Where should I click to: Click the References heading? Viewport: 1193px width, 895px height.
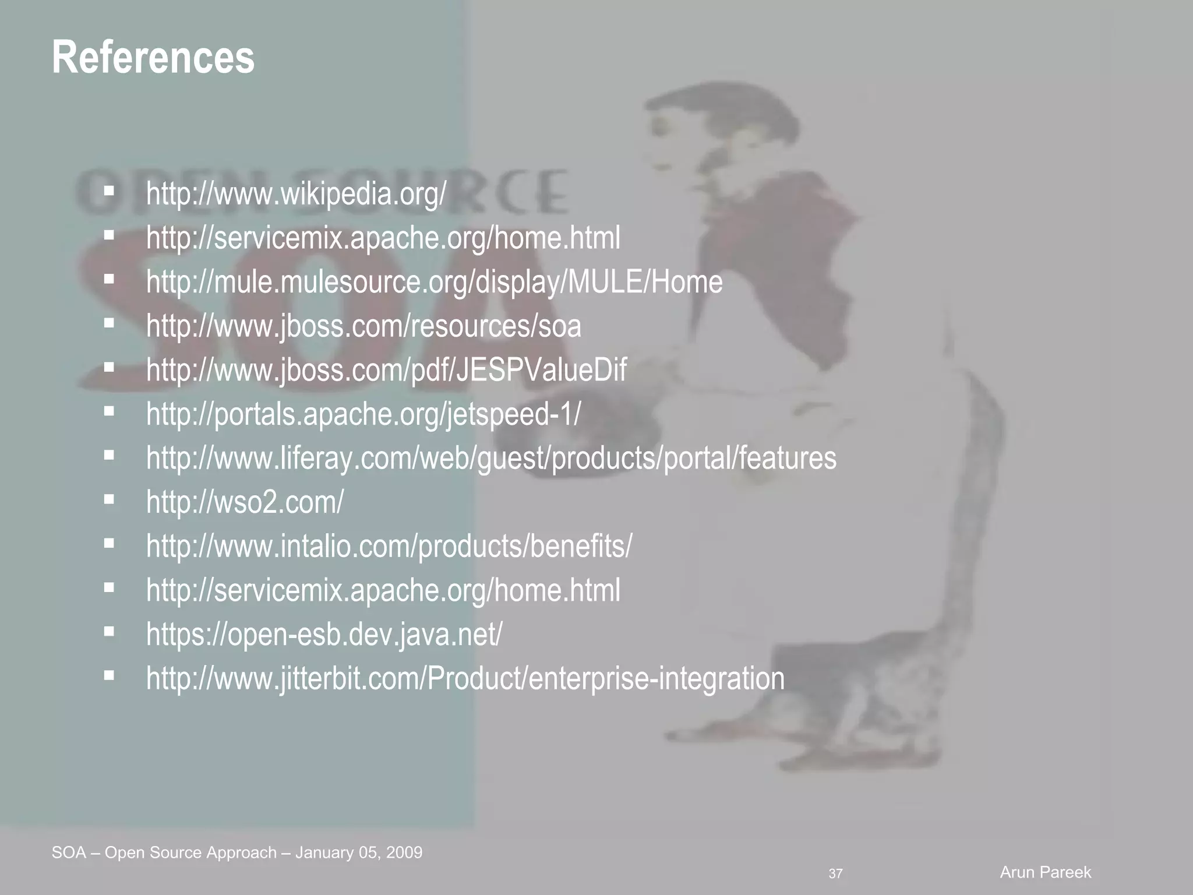point(153,58)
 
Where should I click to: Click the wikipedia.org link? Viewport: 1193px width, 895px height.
point(296,193)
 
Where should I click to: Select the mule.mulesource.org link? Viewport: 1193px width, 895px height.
point(434,282)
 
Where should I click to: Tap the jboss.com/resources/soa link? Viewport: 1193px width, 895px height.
point(363,326)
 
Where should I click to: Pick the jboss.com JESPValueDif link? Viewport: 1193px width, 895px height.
point(386,370)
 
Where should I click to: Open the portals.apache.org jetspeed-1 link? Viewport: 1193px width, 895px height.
point(363,414)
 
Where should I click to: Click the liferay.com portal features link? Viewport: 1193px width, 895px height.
point(491,458)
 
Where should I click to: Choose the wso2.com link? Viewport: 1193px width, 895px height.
point(245,502)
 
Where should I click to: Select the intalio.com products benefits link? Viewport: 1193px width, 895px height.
point(389,546)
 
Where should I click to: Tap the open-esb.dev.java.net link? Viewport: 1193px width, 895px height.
point(324,634)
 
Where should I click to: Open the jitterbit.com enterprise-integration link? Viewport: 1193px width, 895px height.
point(465,678)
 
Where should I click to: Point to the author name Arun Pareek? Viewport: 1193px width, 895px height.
point(1045,872)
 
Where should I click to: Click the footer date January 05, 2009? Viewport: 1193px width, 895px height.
point(359,853)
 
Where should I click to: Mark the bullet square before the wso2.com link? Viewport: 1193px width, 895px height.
point(109,499)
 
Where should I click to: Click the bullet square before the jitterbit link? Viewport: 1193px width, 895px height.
point(109,675)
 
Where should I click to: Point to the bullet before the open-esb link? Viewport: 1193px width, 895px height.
point(109,631)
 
